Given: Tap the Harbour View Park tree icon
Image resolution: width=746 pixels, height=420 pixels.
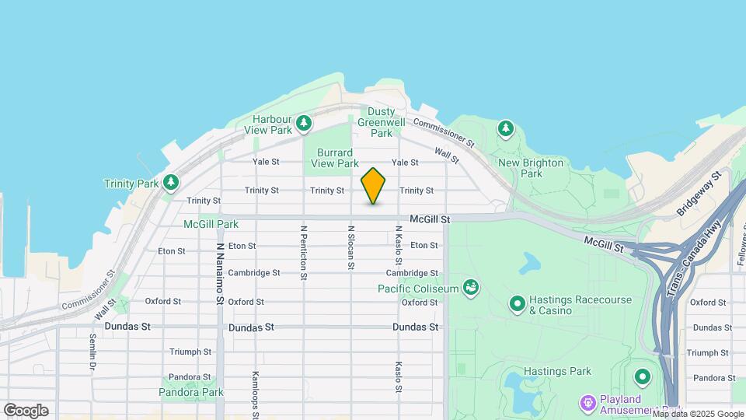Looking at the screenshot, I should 305,123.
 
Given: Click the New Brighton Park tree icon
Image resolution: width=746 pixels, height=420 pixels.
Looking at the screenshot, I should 506,128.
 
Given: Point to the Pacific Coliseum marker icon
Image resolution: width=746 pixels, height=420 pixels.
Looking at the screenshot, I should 470,289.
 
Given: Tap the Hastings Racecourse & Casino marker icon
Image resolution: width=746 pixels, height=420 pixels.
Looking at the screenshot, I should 517,303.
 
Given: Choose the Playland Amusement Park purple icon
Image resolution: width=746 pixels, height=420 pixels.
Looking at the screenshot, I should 588,403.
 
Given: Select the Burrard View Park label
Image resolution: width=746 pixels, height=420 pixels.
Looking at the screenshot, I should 334,158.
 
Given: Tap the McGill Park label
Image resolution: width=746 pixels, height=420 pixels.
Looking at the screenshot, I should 211,224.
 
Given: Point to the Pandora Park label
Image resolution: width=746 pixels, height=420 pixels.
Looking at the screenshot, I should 191,392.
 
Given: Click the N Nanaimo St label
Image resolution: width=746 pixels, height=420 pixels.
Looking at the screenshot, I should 220,272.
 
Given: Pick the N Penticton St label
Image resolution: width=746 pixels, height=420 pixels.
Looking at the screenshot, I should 304,253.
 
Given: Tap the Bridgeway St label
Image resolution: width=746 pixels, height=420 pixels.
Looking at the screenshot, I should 699,194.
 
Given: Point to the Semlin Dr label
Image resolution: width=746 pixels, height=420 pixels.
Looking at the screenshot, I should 92,351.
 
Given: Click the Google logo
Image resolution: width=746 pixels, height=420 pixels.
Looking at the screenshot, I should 26,411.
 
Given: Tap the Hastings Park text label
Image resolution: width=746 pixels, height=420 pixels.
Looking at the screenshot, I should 553,371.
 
